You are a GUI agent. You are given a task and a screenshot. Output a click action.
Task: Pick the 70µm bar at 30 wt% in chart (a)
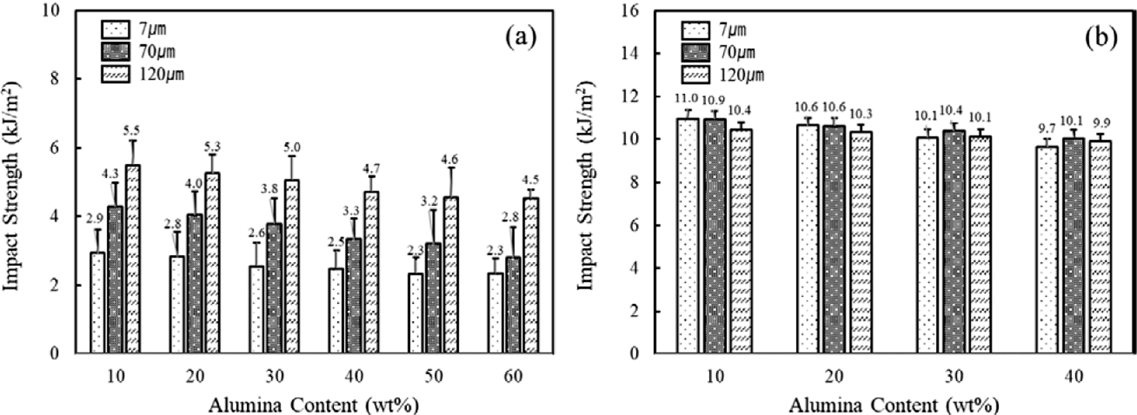tap(274, 288)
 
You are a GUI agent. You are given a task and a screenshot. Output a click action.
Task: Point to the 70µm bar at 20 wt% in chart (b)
tap(833, 239)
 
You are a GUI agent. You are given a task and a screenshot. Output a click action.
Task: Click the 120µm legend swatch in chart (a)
tap(115, 74)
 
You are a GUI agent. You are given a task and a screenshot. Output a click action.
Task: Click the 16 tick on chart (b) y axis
tap(633, 11)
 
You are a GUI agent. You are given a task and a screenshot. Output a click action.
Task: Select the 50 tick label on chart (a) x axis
tap(434, 377)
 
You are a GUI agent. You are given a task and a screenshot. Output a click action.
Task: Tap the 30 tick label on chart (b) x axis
tap(954, 377)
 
